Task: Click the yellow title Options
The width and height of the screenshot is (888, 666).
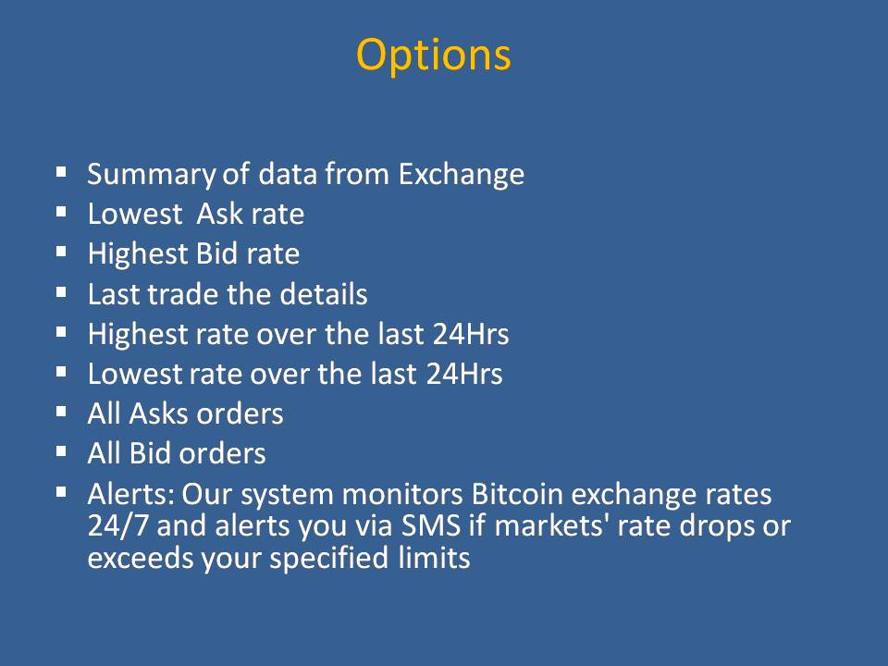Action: (x=433, y=55)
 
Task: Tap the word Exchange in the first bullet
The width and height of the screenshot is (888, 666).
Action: (x=461, y=174)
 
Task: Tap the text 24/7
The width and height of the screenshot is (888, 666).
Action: (x=117, y=526)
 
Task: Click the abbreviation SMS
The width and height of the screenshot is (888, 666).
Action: (x=431, y=526)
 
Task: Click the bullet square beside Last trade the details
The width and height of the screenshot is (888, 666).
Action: (x=61, y=293)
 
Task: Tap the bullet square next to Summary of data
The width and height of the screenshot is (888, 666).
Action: (x=61, y=172)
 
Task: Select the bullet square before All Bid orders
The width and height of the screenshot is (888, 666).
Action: (x=61, y=452)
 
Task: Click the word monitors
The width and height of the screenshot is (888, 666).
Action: (x=402, y=495)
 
